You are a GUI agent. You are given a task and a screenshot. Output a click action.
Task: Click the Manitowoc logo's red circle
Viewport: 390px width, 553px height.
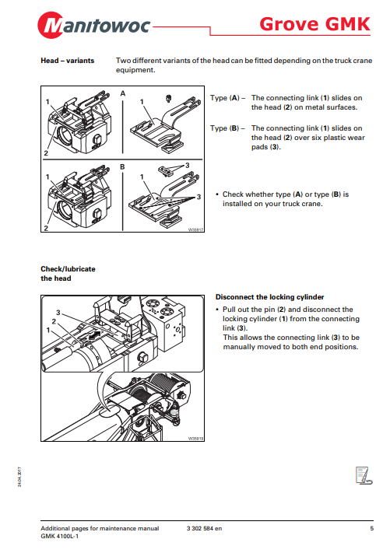coord(51,25)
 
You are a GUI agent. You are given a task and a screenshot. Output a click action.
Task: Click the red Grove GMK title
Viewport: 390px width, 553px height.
coord(314,24)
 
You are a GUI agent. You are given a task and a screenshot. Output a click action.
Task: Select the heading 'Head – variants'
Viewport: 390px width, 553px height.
coord(68,61)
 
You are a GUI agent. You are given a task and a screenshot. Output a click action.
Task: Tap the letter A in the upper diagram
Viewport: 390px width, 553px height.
coord(123,93)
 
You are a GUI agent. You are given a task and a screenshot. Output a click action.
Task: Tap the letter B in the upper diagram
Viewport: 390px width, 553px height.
coord(122,166)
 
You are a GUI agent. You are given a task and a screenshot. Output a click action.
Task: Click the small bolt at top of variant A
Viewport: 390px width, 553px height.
coord(169,98)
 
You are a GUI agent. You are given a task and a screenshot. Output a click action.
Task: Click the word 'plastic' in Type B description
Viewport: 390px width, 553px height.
coord(323,138)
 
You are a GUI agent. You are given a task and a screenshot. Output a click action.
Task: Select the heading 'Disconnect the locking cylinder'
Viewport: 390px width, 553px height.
coord(269,297)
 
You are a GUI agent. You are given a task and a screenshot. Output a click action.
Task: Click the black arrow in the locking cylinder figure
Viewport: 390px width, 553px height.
coord(94,335)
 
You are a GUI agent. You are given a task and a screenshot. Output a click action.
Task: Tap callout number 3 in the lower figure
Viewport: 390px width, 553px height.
coord(58,313)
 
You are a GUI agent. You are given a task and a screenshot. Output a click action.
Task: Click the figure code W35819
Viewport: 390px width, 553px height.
coord(196,439)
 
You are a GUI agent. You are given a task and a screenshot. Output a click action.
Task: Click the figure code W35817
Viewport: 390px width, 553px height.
coord(196,229)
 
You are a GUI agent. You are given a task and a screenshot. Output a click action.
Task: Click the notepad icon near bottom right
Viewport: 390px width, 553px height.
coord(364,475)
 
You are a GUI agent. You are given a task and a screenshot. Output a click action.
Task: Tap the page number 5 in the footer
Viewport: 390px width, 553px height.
coord(371,528)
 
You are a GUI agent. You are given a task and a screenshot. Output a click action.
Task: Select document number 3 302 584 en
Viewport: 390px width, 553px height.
coord(205,528)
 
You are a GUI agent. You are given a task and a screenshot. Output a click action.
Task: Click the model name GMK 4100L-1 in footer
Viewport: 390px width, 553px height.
coord(60,537)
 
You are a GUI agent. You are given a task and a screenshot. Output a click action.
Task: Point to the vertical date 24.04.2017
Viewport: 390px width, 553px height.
coord(19,477)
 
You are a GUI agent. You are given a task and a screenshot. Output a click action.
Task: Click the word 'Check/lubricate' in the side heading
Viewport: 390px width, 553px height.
coord(69,269)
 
